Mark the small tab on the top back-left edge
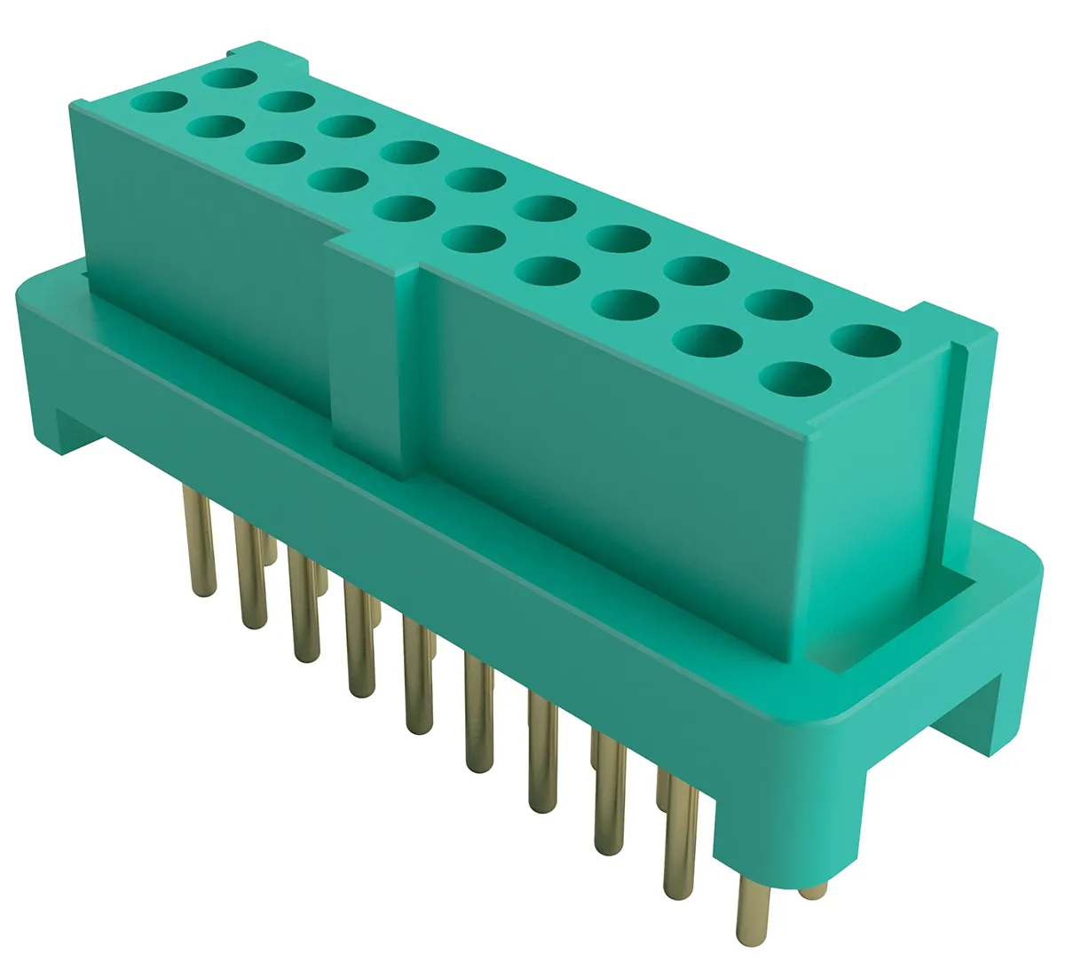click(x=266, y=53)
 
